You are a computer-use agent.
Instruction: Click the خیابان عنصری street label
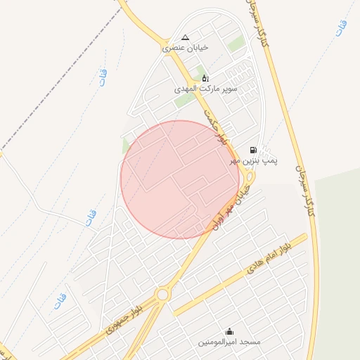pyautogui.click(x=185, y=49)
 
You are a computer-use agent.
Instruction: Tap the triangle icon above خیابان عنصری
pyautogui.click(x=185, y=38)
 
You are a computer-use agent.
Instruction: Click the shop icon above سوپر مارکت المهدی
pyautogui.click(x=205, y=78)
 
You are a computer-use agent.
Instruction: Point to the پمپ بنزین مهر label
pyautogui.click(x=255, y=161)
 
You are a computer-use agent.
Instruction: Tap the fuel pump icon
pyautogui.click(x=253, y=150)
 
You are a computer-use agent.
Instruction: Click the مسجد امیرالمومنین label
pyautogui.click(x=229, y=342)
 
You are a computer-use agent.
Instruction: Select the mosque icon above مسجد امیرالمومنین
pyautogui.click(x=229, y=331)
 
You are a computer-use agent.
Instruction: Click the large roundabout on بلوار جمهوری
pyautogui.click(x=163, y=295)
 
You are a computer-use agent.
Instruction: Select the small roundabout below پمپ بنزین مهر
pyautogui.click(x=250, y=178)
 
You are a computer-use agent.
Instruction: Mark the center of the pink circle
pyautogui.click(x=180, y=179)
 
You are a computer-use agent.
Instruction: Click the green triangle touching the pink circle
pyautogui.click(x=126, y=146)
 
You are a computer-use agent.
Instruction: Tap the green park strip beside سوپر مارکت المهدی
pyautogui.click(x=184, y=101)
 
